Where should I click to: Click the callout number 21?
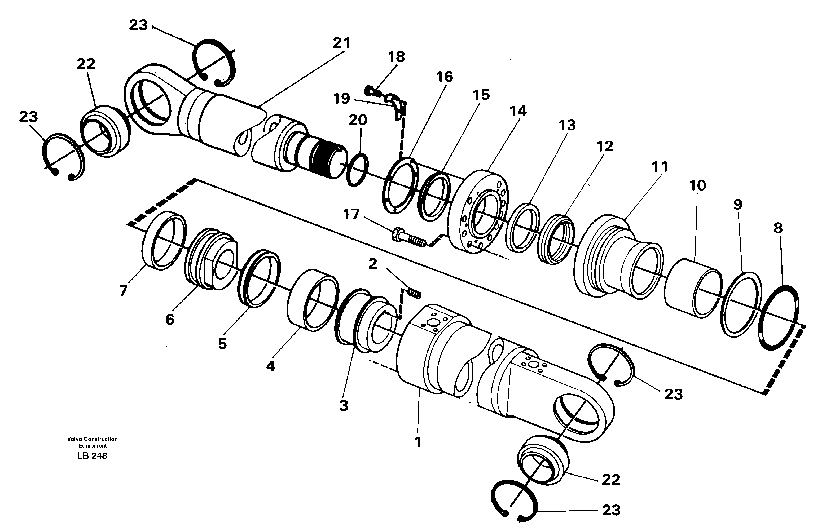tap(342, 43)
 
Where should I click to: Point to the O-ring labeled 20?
tap(357, 170)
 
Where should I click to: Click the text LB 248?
tap(92, 456)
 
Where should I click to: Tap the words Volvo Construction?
tap(92, 439)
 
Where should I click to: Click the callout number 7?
tap(123, 291)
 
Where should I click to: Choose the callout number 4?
tap(271, 366)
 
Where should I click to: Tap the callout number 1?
tap(418, 442)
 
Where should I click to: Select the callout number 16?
tap(445, 77)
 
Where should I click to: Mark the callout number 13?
tap(567, 125)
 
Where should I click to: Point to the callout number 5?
tap(222, 344)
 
